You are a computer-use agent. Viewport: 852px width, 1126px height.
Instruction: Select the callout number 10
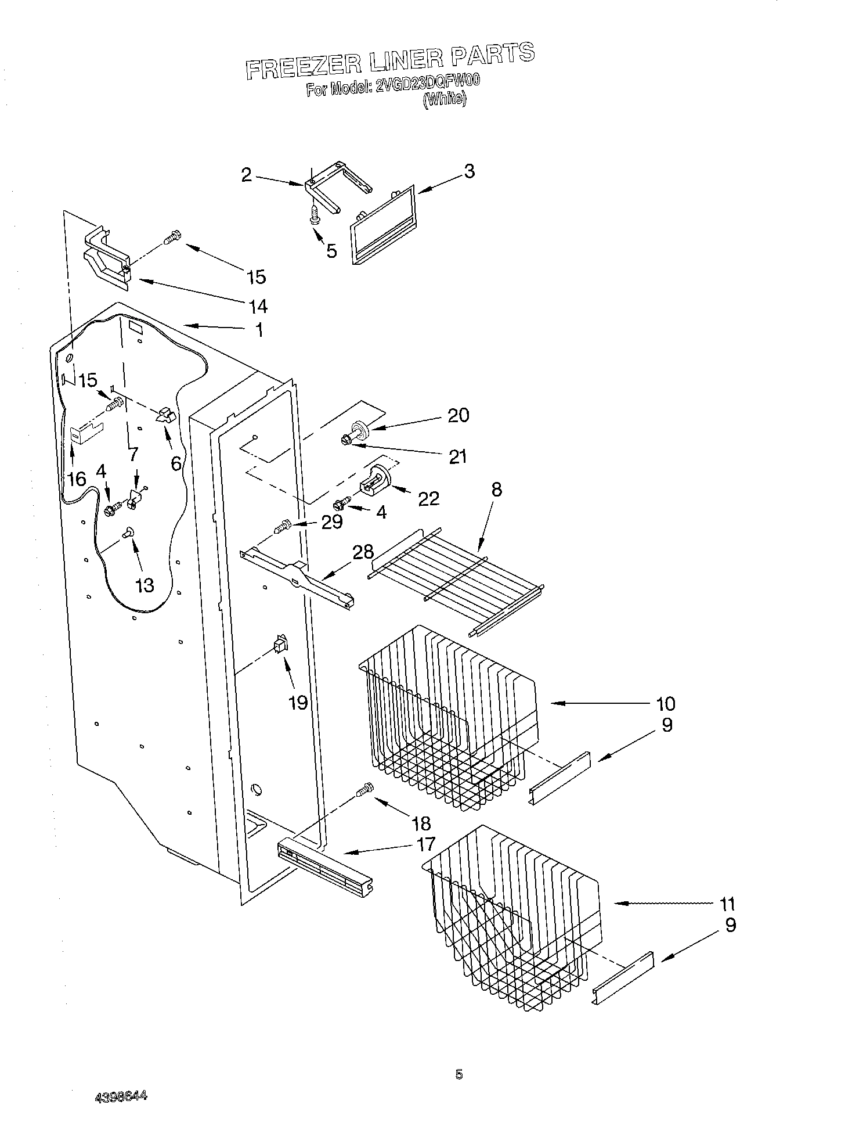(x=666, y=704)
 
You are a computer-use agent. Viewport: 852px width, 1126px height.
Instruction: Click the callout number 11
(x=727, y=904)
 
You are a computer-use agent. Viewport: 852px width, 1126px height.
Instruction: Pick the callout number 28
(x=363, y=552)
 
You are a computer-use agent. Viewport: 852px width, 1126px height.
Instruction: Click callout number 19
(x=298, y=703)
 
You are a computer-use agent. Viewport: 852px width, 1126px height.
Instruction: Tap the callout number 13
(x=145, y=585)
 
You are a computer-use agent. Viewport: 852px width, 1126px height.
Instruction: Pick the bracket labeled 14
(x=107, y=256)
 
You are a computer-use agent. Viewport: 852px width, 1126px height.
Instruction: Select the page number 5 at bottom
(x=459, y=1075)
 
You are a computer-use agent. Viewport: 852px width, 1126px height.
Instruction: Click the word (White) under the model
(x=444, y=99)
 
